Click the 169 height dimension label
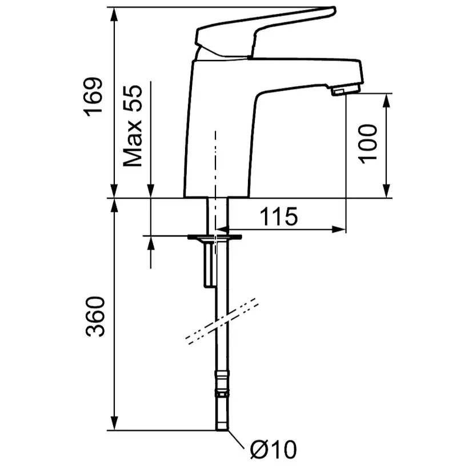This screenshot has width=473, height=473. click(93, 97)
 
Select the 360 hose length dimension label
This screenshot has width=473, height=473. click(95, 316)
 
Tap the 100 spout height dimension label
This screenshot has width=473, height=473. click(367, 144)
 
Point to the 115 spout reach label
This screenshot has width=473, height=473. click(279, 217)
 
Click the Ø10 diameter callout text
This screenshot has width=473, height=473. click(273, 450)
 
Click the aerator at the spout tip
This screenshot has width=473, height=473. click(346, 90)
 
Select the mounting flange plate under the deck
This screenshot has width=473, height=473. click(214, 238)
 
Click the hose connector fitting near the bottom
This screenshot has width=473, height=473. click(222, 384)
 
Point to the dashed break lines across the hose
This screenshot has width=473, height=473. click(222, 321)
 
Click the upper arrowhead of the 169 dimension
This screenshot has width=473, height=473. click(114, 14)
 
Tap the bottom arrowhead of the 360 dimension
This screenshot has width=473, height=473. click(114, 423)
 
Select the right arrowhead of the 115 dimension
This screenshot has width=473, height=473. click(338, 230)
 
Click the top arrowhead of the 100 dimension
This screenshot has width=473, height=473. click(386, 101)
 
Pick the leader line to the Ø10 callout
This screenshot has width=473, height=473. click(236, 439)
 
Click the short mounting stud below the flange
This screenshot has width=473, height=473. click(209, 264)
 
